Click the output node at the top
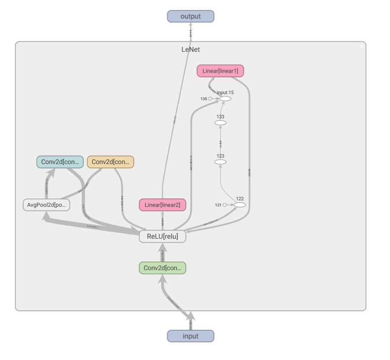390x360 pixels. (x=190, y=16)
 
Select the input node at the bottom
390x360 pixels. (x=190, y=336)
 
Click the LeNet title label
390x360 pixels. (x=190, y=50)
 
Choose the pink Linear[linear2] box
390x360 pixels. (x=162, y=205)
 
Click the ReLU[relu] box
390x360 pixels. (x=162, y=236)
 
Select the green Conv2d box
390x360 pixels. (x=162, y=268)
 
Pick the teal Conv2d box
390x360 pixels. (x=60, y=162)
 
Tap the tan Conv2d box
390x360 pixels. (x=110, y=162)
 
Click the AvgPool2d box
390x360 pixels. (x=46, y=205)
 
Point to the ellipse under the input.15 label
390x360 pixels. (x=225, y=99)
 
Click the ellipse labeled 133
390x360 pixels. (x=220, y=123)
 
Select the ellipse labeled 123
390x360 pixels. (x=220, y=162)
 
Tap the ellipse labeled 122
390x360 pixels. (x=240, y=205)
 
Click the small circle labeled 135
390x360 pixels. (x=210, y=99)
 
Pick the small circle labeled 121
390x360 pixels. (x=224, y=205)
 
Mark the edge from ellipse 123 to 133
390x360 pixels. (x=220, y=142)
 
